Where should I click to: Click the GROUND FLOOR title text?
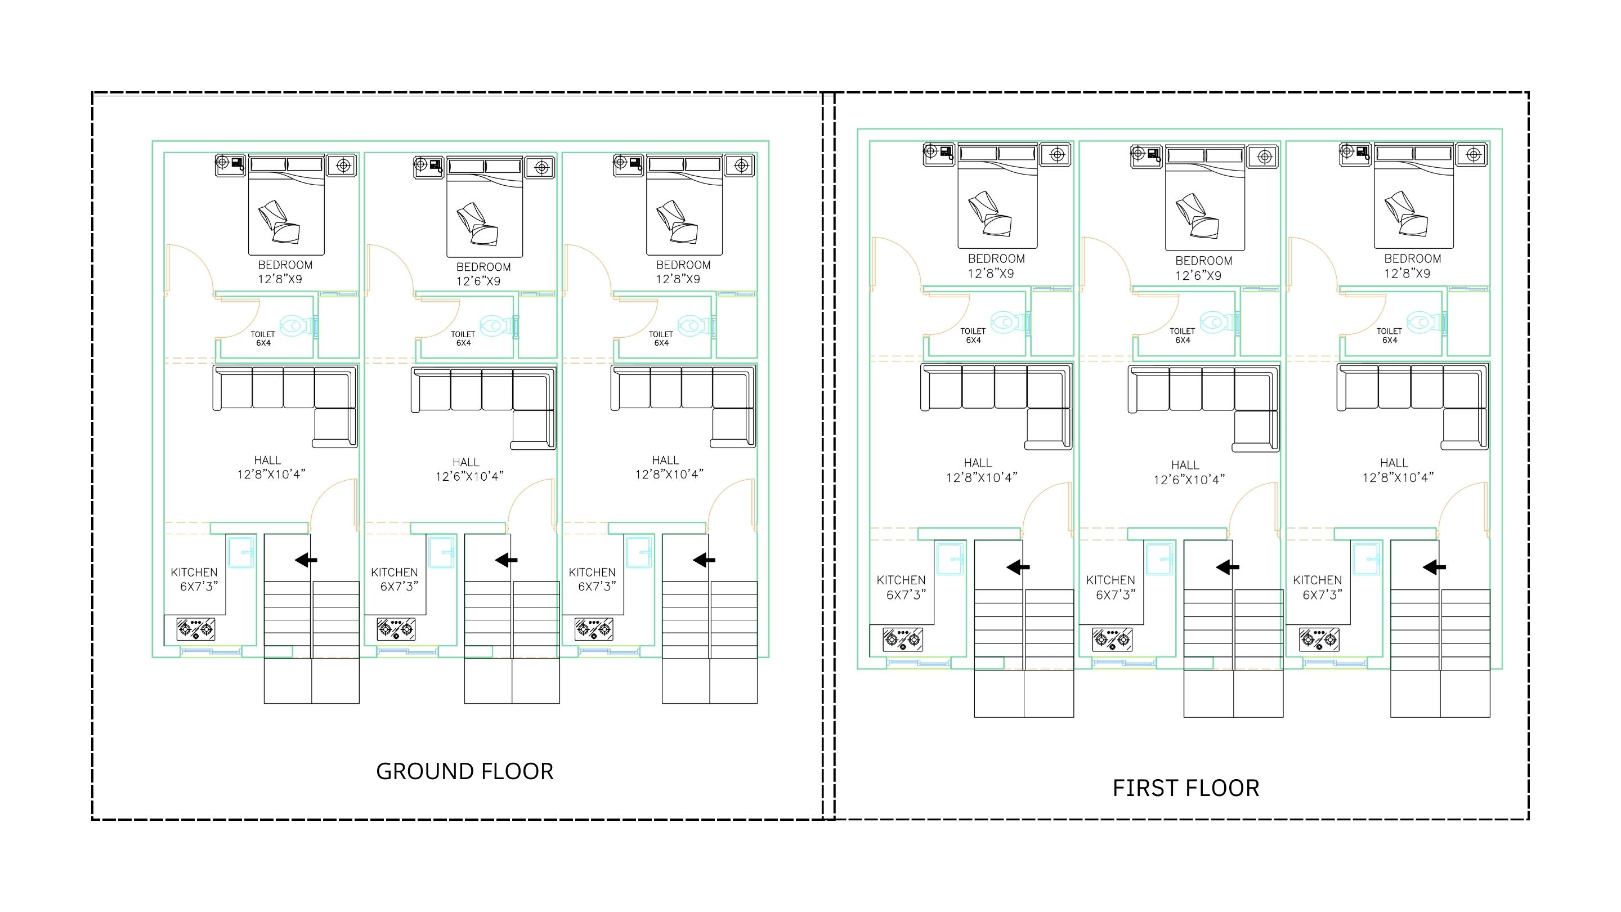click(464, 771)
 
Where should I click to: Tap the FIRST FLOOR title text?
click(1185, 788)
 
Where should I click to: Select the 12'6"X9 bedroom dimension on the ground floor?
click(478, 281)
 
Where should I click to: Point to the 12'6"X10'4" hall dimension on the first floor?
click(1189, 480)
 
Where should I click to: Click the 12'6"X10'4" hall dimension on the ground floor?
click(469, 476)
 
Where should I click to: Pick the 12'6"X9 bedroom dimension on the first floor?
click(1198, 276)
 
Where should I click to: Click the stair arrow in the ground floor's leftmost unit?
click(306, 560)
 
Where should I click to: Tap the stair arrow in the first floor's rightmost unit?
click(1434, 567)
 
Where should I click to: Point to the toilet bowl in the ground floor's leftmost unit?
click(298, 326)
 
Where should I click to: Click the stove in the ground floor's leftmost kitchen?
click(196, 629)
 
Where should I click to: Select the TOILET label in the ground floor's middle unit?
click(463, 334)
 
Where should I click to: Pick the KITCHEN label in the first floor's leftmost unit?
click(901, 580)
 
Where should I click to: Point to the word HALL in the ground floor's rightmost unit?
click(666, 460)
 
